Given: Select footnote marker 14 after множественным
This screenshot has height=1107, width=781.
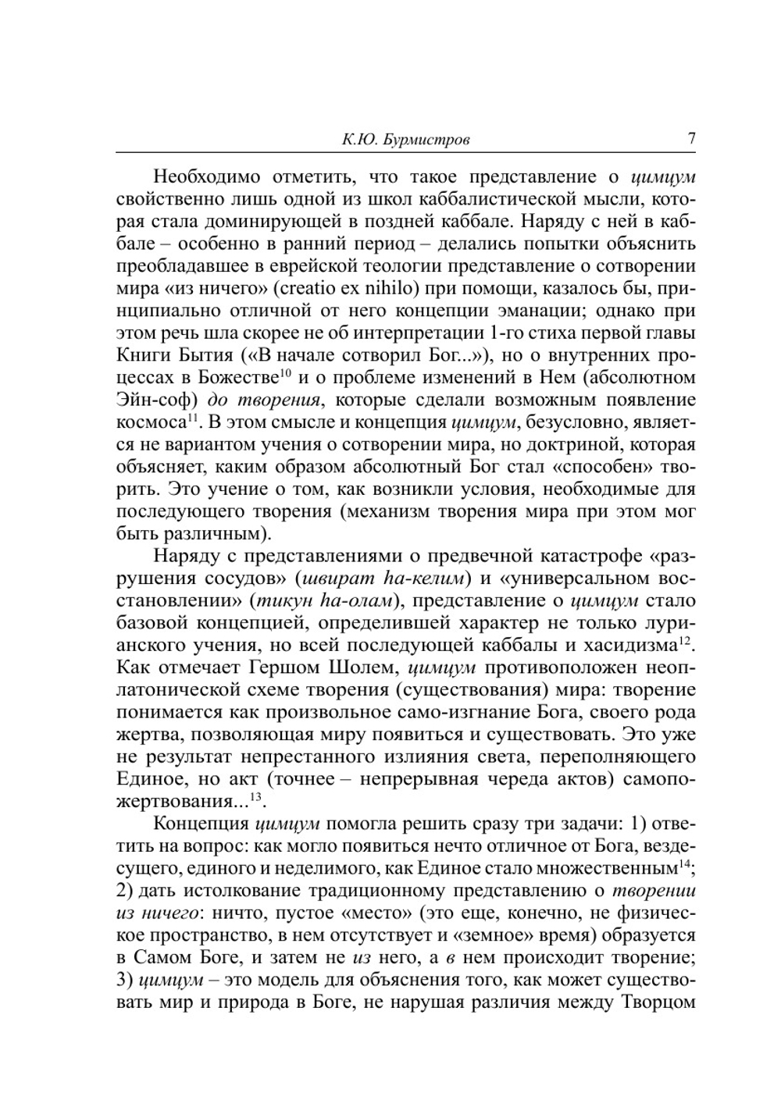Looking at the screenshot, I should pyautogui.click(x=685, y=864).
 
